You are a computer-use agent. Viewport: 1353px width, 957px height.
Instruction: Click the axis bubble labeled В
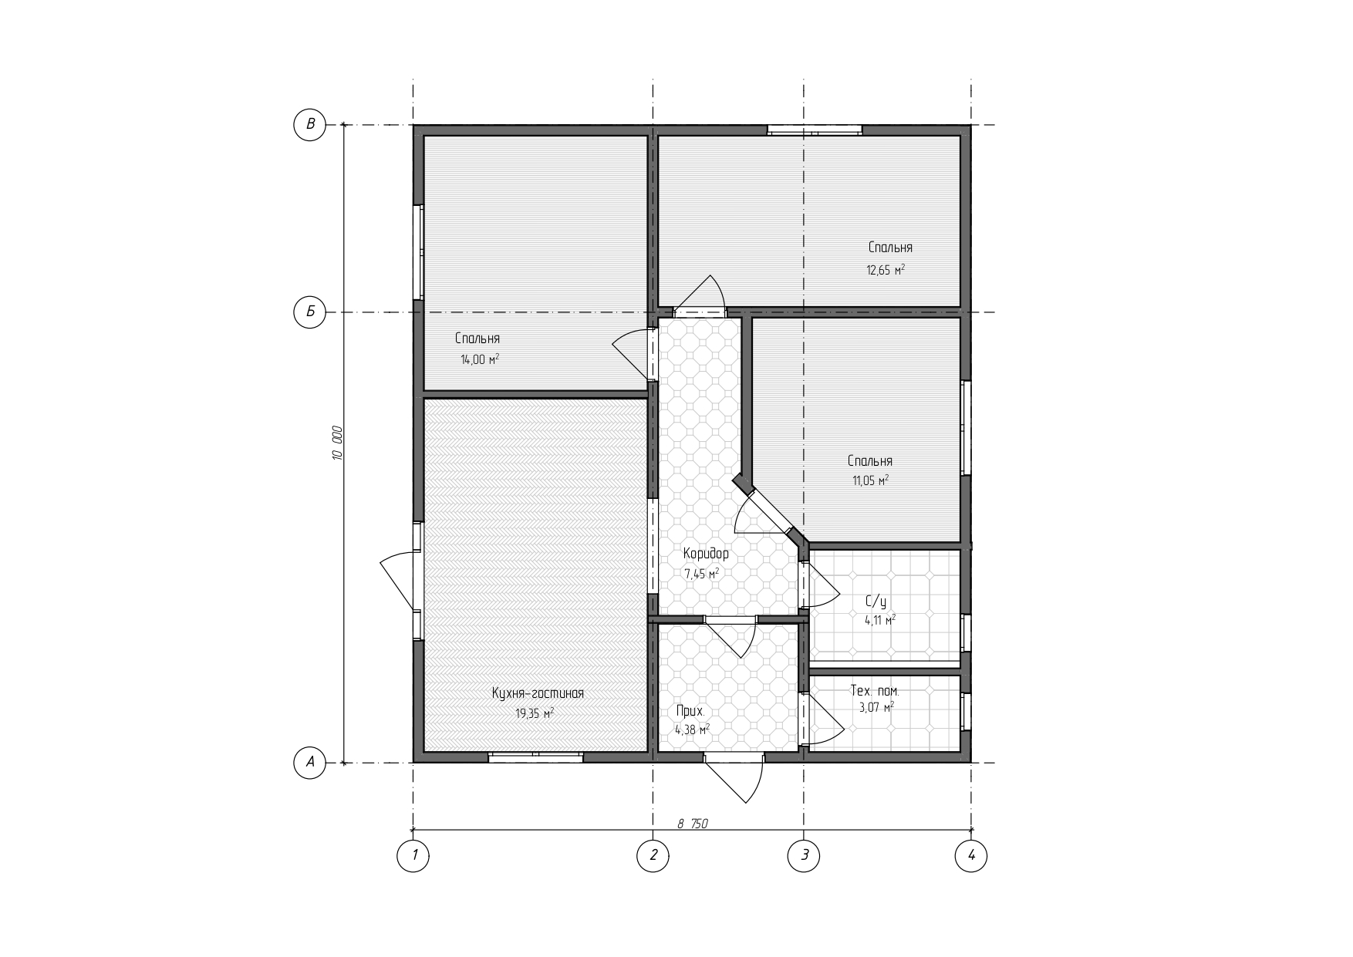click(310, 124)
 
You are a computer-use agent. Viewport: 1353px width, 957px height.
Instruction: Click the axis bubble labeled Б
click(310, 312)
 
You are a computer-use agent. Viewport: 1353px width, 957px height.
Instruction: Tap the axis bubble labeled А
click(310, 763)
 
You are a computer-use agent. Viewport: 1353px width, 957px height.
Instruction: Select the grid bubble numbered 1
click(413, 855)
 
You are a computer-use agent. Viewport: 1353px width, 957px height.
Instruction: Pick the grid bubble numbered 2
click(653, 855)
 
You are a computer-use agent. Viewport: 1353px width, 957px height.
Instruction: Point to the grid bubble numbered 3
click(804, 855)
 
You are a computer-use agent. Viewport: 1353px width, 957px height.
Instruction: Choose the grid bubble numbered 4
click(971, 855)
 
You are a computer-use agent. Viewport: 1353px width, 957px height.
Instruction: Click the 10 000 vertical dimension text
click(337, 443)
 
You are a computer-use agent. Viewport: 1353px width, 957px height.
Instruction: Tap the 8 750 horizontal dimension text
click(693, 824)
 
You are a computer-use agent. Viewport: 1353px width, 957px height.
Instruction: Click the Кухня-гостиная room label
click(538, 693)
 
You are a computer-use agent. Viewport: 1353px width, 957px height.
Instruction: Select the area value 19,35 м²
click(535, 713)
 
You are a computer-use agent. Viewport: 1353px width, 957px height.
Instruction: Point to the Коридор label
click(706, 553)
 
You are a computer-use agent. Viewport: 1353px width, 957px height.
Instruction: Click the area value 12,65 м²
click(886, 270)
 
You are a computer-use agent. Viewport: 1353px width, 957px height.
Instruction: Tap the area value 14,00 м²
click(480, 359)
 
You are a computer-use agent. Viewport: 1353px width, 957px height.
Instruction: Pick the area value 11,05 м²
click(870, 480)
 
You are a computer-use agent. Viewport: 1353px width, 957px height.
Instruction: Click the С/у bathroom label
click(876, 601)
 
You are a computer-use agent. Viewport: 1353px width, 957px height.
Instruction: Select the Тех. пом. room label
click(875, 691)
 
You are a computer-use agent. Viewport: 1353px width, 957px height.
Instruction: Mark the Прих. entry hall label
click(690, 711)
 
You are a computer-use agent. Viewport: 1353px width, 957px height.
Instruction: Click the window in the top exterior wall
click(815, 130)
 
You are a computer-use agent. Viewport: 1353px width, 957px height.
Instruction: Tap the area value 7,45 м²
click(702, 574)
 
